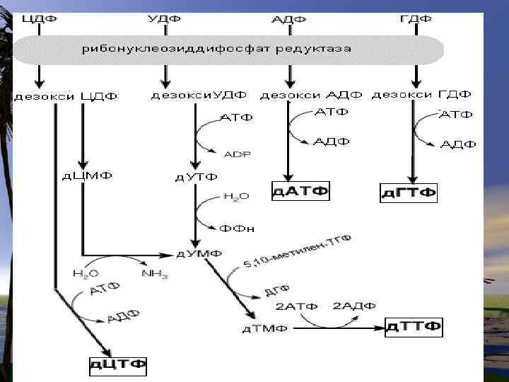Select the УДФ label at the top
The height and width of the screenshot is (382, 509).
click(165, 18)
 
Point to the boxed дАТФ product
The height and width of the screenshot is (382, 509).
click(301, 190)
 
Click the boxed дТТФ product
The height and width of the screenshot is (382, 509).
click(414, 327)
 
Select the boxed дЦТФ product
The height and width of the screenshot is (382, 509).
click(118, 365)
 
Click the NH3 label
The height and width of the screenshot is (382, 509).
click(155, 274)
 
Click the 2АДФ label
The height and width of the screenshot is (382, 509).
click(354, 306)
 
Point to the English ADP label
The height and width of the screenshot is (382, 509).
click(237, 153)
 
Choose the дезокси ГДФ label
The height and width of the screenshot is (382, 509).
click(421, 94)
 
